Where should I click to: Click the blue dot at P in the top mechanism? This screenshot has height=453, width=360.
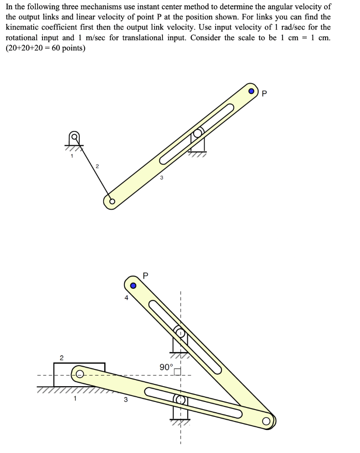point(252,92)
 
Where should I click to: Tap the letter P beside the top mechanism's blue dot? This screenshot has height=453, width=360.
point(265,93)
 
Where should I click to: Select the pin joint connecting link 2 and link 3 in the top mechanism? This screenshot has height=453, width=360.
point(112,202)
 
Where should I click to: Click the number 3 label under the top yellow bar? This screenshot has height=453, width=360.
point(161,178)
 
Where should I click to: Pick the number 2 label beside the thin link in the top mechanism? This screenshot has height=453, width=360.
point(97,166)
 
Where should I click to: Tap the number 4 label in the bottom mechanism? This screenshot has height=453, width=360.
point(126,298)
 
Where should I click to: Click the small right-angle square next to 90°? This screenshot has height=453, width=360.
point(178,372)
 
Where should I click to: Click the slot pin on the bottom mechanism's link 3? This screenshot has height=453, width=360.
point(181,399)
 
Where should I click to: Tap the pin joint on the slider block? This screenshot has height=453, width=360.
point(79,374)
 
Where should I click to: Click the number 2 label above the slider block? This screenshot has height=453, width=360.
point(62,357)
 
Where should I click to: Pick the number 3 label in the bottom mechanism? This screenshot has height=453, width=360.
point(125,400)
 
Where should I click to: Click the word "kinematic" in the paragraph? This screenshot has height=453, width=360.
point(23,27)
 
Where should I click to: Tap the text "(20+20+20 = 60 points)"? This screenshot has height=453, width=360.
point(46,48)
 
